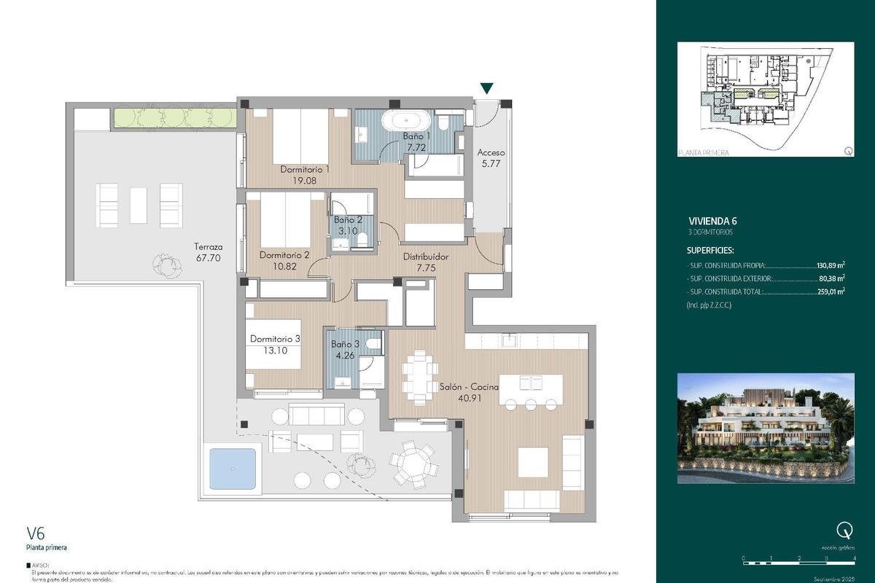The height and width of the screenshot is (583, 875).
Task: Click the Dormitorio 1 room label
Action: pos(305,170)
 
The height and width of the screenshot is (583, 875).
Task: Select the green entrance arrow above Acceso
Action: pos(486,89)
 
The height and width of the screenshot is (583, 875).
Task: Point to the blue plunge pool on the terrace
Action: pos(233,469)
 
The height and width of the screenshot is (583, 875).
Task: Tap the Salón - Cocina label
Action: pos(468,388)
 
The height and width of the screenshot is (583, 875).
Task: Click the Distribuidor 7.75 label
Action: pos(427,257)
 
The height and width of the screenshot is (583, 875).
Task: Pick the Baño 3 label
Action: pos(344,344)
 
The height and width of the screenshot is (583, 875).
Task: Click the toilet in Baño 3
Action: pos(373,345)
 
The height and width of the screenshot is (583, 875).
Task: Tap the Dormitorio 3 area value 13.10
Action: pos(275,350)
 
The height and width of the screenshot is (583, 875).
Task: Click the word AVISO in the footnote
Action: pos(42,565)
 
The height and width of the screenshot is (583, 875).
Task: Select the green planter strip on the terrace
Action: pos(174,117)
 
